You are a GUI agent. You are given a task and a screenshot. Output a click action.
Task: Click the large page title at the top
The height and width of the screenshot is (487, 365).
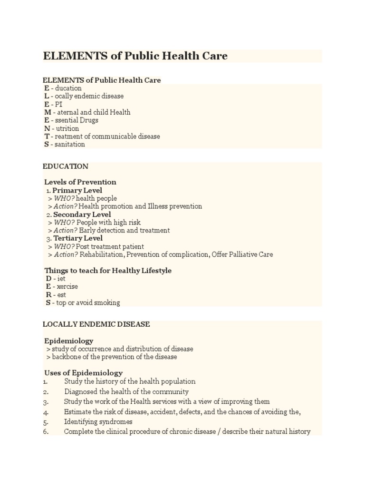point(135,56)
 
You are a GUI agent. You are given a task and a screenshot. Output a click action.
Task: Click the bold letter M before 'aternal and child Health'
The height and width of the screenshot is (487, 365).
point(48,112)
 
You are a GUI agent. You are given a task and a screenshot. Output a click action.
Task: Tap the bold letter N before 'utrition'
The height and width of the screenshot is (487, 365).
point(47,128)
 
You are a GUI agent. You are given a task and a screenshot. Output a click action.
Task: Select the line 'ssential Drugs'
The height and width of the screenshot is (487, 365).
point(77,120)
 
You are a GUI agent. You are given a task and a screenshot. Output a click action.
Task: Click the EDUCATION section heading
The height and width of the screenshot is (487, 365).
point(66,166)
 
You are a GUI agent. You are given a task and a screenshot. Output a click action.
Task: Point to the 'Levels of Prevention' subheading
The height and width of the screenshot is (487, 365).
point(80,182)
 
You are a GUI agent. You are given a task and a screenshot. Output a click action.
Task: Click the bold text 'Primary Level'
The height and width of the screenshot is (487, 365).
point(77,190)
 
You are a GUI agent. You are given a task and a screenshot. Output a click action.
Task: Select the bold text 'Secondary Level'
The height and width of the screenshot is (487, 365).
point(82,214)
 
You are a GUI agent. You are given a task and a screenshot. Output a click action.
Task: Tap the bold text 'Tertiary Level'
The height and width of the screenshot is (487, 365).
point(78,238)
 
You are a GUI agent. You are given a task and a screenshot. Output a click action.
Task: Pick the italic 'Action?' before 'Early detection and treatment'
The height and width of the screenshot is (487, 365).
point(65,231)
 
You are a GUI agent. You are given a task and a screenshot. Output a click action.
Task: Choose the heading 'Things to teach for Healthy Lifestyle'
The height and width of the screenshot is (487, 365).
point(108,271)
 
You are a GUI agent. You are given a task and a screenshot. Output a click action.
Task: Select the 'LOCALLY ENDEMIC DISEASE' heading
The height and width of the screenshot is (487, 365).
point(96,324)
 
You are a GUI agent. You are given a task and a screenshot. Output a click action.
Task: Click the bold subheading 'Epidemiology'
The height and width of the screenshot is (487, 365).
point(69,341)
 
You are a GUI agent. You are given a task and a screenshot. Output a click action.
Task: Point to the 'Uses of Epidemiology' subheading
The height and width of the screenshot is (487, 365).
point(84,373)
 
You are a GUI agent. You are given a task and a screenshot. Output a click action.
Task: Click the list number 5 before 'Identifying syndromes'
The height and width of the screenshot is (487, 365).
point(46,422)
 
